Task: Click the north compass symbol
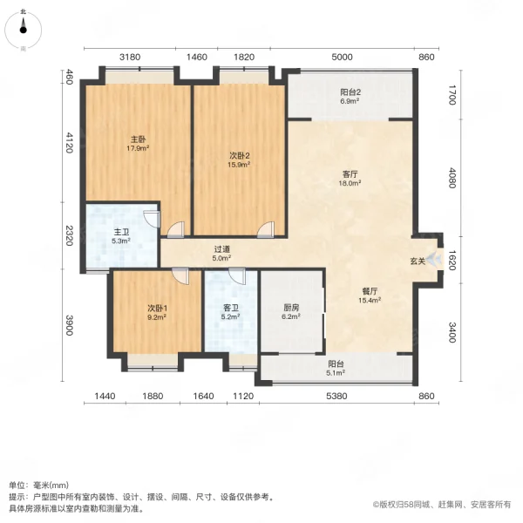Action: [23, 31]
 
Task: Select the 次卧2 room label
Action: [239, 155]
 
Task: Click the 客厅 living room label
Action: [350, 174]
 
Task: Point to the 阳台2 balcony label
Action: [350, 92]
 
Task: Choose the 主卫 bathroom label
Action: [121, 232]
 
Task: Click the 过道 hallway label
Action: [221, 249]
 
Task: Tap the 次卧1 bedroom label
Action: [157, 308]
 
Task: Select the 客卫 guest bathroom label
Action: [230, 308]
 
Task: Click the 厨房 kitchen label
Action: [291, 308]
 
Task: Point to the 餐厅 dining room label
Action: [370, 291]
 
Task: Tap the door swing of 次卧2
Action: [266, 230]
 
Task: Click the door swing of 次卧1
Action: [180, 275]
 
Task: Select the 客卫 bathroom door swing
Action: [237, 276]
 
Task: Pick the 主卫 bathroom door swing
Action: [152, 219]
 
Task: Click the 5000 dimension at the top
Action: [342, 57]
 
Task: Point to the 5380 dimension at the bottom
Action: [336, 396]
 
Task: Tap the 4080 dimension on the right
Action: [452, 178]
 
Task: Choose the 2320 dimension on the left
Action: [69, 235]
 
